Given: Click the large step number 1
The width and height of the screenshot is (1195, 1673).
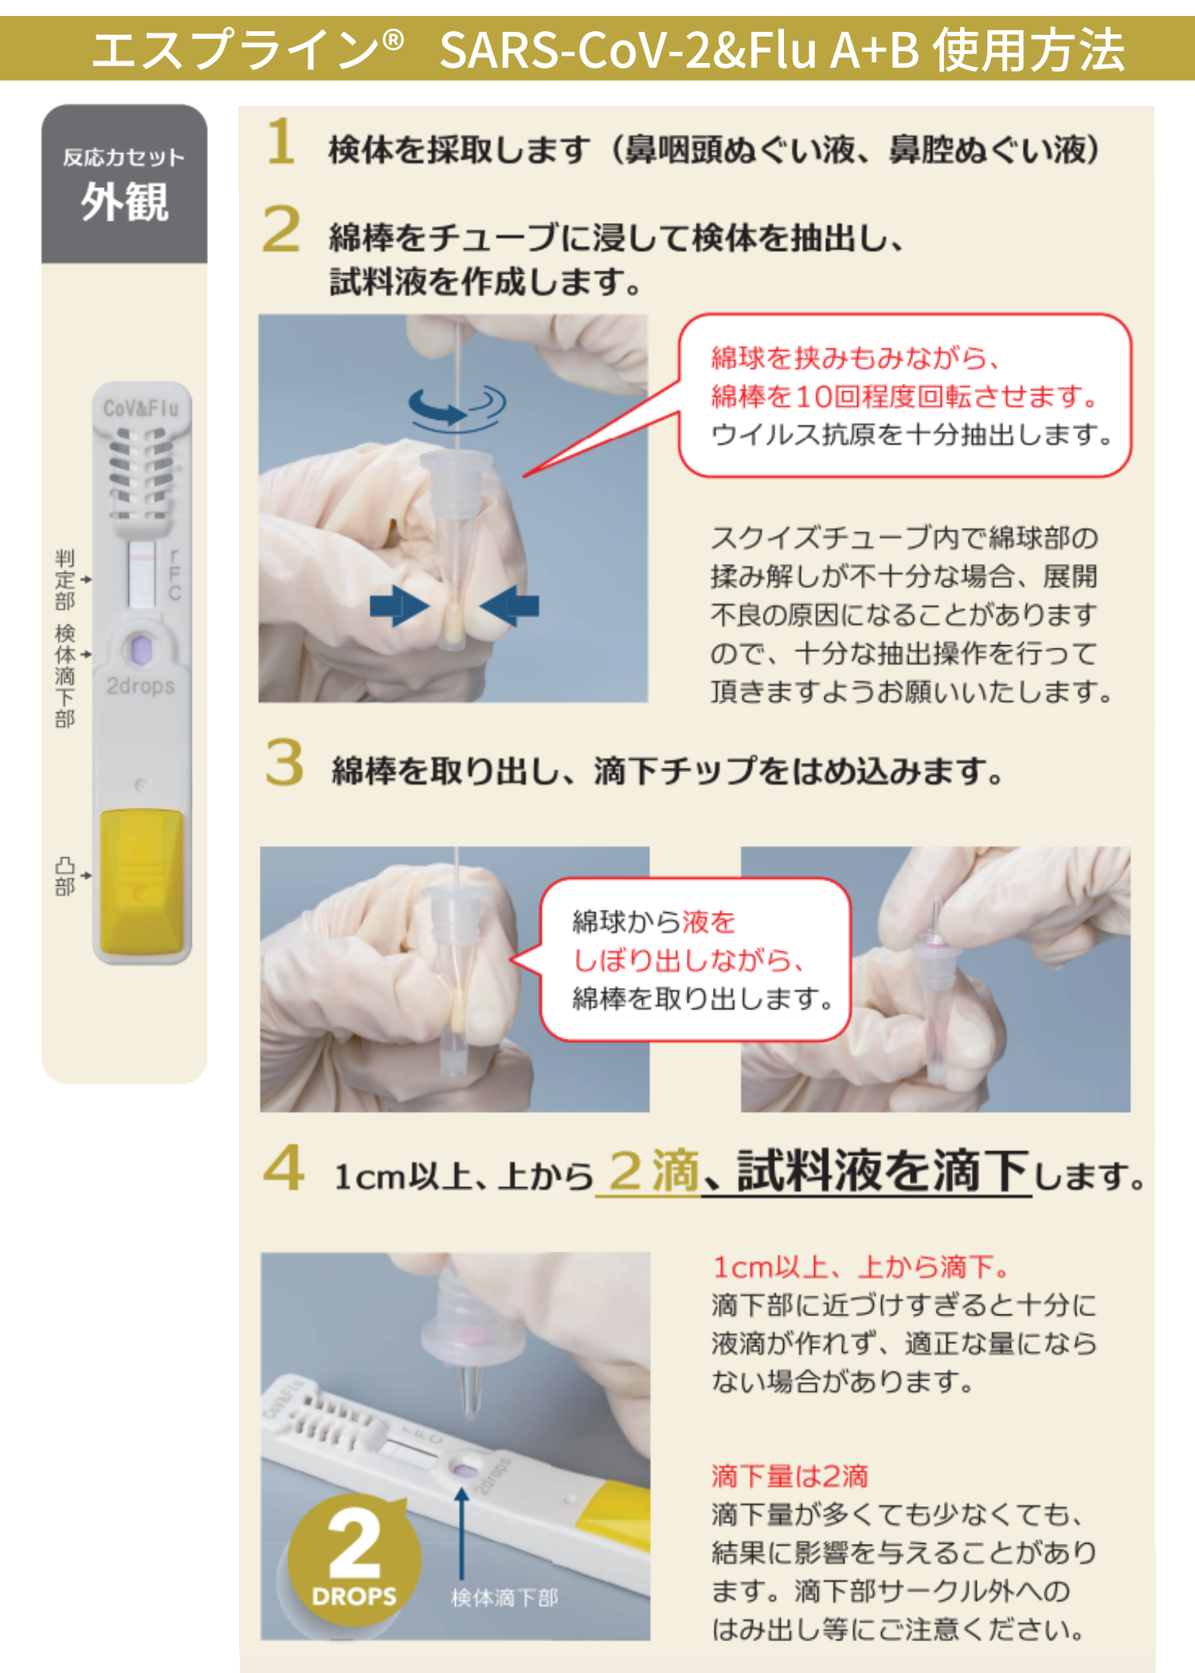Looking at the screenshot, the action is point(281,141).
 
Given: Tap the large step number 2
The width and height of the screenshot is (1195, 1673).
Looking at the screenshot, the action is point(281,229).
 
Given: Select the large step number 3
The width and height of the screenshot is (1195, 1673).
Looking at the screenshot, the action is point(284,762).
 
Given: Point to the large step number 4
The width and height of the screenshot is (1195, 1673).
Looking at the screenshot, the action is point(284,1167).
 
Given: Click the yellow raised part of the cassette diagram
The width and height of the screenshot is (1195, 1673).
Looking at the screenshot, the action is point(142,880).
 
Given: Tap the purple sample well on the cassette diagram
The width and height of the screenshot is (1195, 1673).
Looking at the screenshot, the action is point(141,649).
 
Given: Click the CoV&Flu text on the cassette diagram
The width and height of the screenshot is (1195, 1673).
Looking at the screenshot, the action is point(141,409).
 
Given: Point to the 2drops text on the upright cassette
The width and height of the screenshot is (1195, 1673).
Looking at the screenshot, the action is point(140,685).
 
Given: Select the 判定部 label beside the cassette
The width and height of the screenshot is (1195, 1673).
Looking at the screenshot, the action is point(65,579).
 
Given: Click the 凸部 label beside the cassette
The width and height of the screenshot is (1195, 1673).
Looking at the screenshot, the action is point(65,876).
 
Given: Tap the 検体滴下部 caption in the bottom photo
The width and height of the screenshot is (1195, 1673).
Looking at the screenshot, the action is point(504,1597).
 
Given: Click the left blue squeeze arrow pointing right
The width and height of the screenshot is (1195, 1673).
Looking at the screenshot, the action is point(399,606).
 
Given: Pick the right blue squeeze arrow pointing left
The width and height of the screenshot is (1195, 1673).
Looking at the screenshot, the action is point(510,606).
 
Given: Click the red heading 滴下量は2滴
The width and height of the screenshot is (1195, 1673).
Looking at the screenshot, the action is point(789,1476).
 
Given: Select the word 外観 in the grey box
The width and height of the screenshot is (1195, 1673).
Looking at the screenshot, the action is point(124,202).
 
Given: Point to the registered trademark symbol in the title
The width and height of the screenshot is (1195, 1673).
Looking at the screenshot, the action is point(393,39).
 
